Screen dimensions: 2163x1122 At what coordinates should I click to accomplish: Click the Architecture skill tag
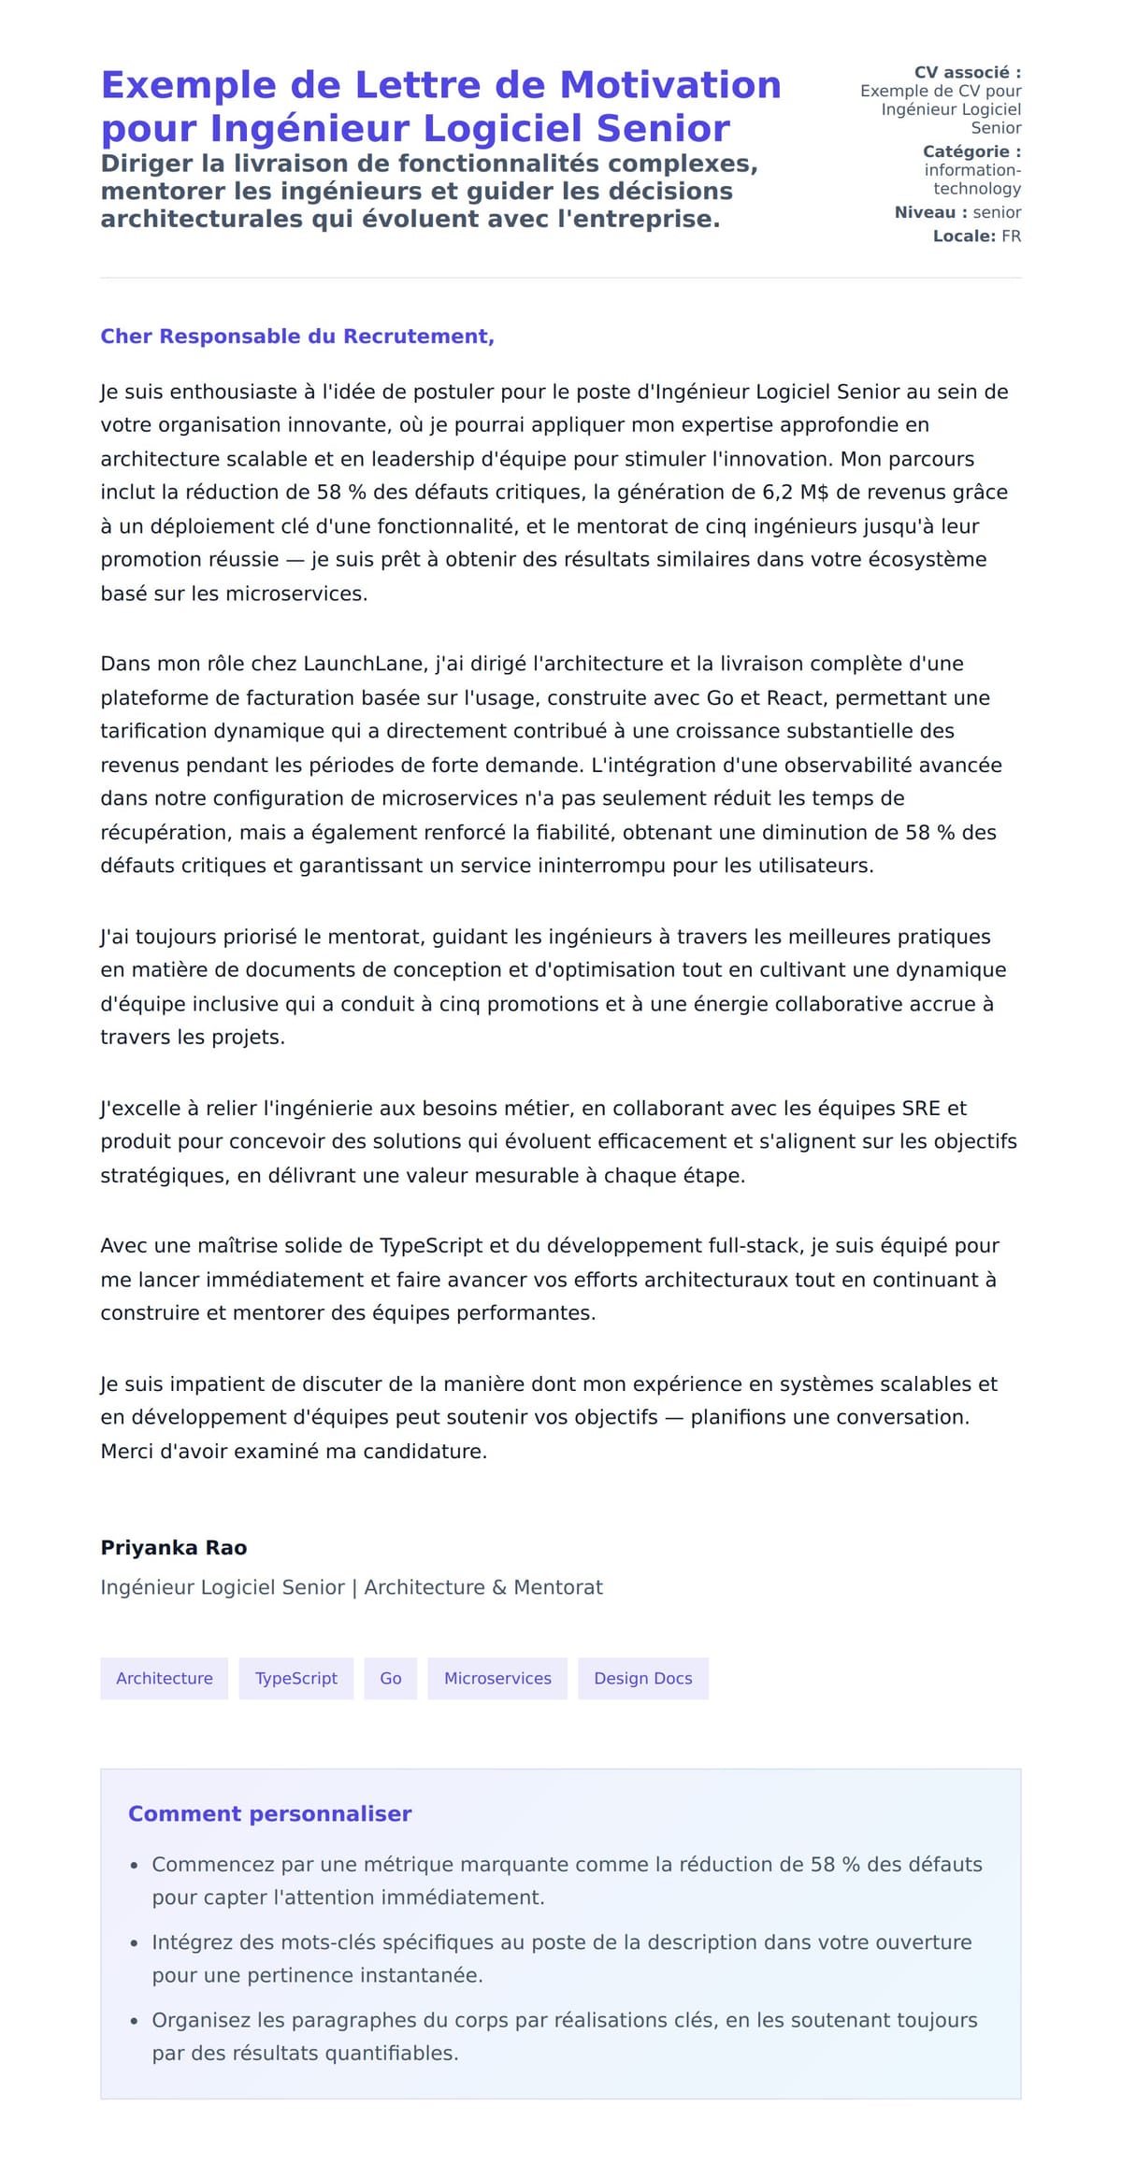[x=164, y=1678]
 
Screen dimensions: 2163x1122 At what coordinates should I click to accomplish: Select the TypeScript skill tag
[x=295, y=1678]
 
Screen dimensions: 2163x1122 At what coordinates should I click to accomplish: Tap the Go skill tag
[x=390, y=1678]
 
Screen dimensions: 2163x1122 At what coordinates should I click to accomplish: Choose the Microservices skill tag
[x=497, y=1678]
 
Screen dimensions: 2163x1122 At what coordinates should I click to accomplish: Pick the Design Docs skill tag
[x=642, y=1678]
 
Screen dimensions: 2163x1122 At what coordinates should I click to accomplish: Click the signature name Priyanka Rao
[x=173, y=1547]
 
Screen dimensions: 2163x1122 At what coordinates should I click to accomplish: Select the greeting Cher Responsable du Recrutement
[x=296, y=337]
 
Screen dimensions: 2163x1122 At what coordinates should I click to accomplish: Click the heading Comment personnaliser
[x=269, y=1813]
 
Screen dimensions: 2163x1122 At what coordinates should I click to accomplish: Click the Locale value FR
[x=1011, y=236]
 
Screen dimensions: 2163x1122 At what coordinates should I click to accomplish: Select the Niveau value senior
[x=997, y=212]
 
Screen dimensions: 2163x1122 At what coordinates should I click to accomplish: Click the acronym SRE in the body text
[x=921, y=1109]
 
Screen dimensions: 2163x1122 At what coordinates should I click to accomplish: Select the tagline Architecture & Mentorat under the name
[x=483, y=1587]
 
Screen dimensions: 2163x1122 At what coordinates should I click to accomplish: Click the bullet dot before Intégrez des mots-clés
[x=135, y=1943]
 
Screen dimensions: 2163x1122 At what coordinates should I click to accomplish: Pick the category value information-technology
[x=972, y=179]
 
